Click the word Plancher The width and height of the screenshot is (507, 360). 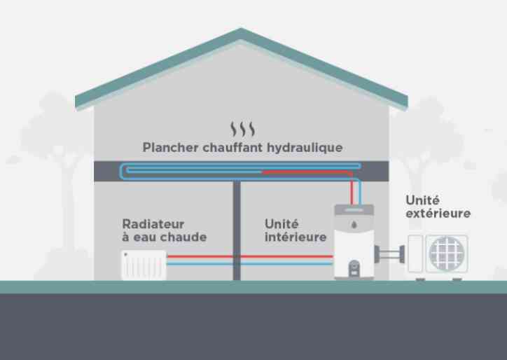pos(170,148)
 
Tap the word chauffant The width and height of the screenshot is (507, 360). pos(232,148)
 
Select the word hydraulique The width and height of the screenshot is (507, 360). pos(305,148)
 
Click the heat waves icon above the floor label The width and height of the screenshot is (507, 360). pos(242,129)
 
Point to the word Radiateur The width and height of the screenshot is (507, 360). pos(153,224)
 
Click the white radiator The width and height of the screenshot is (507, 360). pos(144,265)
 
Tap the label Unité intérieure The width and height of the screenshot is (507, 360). pos(296,230)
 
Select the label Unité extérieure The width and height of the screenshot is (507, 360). pos(438,207)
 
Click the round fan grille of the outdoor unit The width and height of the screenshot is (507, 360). pos(447,254)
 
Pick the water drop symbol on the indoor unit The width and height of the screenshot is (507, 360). pos(354,224)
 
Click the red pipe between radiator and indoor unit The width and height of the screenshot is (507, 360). pos(250,256)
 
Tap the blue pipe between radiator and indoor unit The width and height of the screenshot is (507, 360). pos(250,264)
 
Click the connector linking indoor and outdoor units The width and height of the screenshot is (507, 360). pos(389,254)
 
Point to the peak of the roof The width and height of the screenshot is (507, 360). pos(241,29)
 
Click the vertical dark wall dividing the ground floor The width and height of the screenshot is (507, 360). pos(237,230)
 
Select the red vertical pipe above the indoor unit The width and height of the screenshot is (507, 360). pos(352,190)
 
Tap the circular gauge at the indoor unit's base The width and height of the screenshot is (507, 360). pos(354,266)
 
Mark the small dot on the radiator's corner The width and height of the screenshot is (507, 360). pos(126,254)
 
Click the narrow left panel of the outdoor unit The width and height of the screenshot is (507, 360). pos(415,254)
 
